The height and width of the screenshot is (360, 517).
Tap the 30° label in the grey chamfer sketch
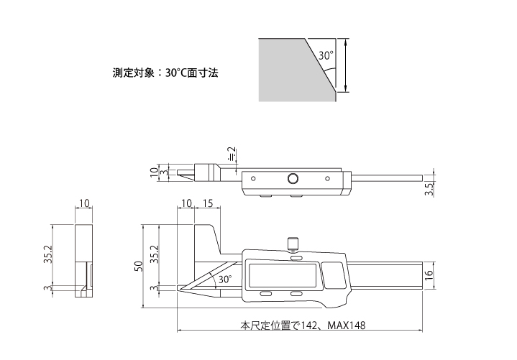click(x=326, y=55)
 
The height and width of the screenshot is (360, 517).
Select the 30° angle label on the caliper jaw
click(x=224, y=278)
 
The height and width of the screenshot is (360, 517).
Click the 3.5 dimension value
click(x=429, y=190)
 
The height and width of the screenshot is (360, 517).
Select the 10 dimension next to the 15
click(x=187, y=204)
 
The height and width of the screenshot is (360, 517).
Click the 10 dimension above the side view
click(x=84, y=204)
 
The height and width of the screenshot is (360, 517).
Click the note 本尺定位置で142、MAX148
click(x=303, y=326)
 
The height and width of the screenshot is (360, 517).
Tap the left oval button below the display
click(x=265, y=295)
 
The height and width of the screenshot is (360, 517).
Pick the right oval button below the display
click(x=296, y=295)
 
